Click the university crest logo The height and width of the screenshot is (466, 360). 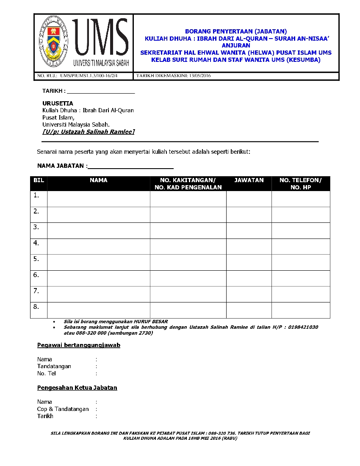tap(53, 43)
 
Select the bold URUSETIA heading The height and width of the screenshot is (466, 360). tap(58, 103)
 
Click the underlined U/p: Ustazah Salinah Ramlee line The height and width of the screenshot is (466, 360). tap(89, 132)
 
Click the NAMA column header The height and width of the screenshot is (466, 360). tap(99, 180)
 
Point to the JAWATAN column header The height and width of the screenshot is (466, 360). tap(249, 180)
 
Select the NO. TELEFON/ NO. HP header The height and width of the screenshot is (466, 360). tap(301, 184)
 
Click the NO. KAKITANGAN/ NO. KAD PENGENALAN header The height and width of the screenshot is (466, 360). tap(188, 184)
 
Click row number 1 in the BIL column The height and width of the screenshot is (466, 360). tap(36, 195)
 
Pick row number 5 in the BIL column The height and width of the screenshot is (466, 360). tap(36, 259)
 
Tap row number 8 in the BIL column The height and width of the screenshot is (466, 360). tap(36, 307)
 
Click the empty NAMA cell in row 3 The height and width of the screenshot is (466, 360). tap(99, 230)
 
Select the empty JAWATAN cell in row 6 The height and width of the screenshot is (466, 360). tap(249, 278)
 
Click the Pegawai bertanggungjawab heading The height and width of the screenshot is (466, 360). tap(79, 345)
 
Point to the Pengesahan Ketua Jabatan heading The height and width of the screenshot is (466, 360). tap(77, 388)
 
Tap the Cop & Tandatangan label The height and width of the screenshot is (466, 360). tap(63, 409)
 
